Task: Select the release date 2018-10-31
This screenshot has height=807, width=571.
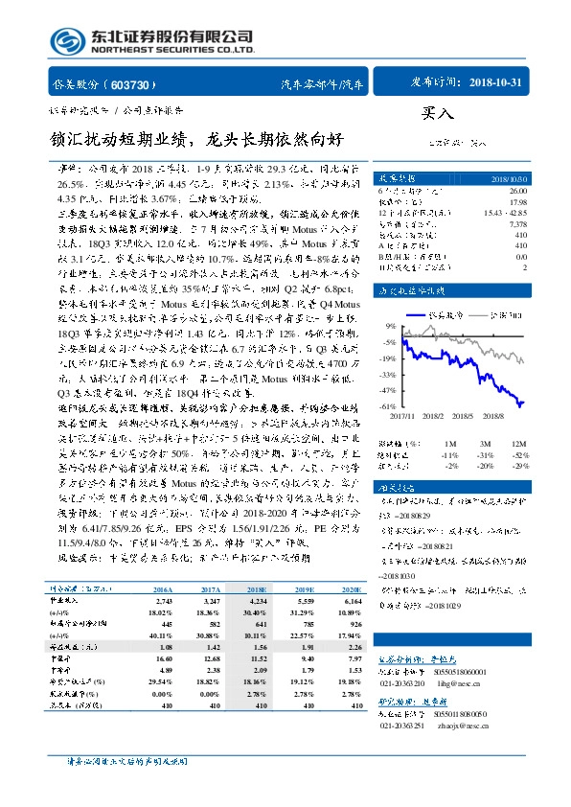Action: click(497, 82)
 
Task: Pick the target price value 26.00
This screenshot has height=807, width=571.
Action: click(517, 190)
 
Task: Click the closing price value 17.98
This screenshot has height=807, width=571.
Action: click(517, 200)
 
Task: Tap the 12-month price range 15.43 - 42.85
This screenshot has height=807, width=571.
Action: click(503, 211)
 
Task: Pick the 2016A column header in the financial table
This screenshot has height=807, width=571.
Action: click(164, 565)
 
